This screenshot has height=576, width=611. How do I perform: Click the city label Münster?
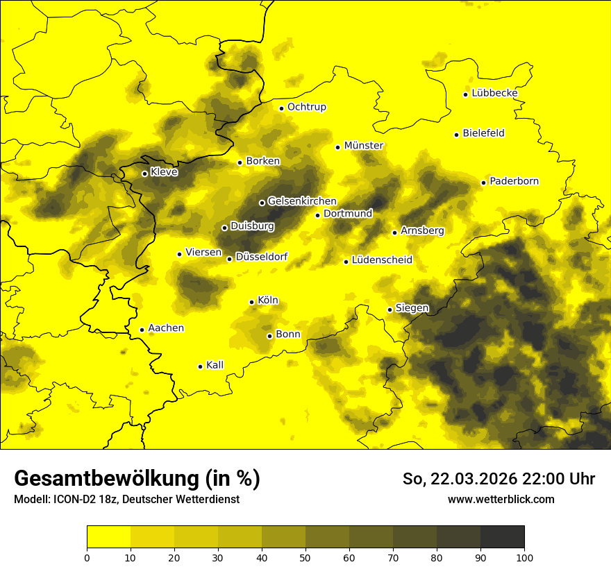click(x=364, y=146)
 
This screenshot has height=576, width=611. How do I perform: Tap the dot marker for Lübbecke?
click(x=465, y=94)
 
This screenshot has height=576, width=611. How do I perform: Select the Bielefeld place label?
click(x=483, y=133)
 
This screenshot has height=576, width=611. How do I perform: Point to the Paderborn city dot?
click(x=483, y=183)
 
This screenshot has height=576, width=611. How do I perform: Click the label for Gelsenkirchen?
click(x=302, y=201)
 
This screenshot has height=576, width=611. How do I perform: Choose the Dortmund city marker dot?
click(x=317, y=215)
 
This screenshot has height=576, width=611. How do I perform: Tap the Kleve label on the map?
click(x=164, y=172)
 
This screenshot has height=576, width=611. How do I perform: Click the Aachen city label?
click(x=166, y=328)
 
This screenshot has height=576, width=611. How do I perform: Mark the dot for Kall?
click(x=200, y=366)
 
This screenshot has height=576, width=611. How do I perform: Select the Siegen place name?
click(x=412, y=308)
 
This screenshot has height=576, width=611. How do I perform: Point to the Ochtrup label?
click(x=307, y=107)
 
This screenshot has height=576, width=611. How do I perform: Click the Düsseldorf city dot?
click(x=229, y=259)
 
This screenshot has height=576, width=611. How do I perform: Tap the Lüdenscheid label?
click(x=382, y=260)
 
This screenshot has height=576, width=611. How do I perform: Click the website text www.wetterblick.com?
click(x=501, y=500)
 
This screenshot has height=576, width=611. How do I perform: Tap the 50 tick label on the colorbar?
click(x=305, y=557)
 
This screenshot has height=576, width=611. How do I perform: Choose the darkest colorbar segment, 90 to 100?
click(x=502, y=537)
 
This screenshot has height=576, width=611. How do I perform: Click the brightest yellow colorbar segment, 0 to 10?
click(x=108, y=537)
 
